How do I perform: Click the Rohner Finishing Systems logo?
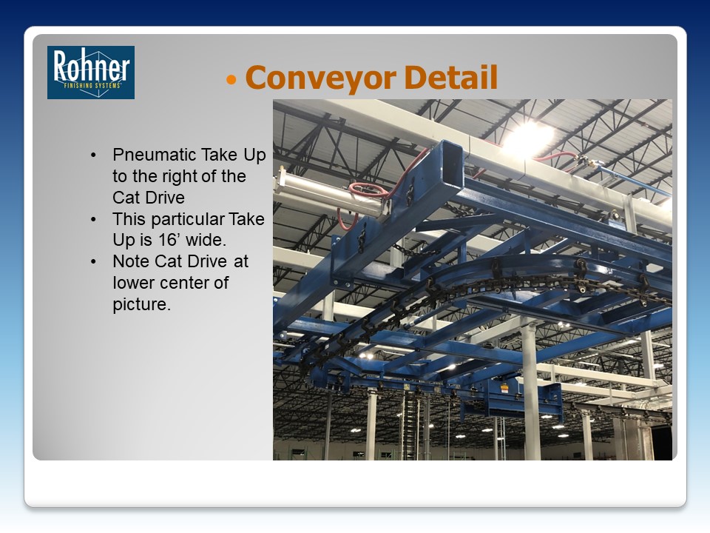point(91,73)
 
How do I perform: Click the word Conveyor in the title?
point(321,78)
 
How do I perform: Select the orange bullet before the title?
point(231,80)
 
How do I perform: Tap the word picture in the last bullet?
point(142,304)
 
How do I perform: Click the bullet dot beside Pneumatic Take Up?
point(93,155)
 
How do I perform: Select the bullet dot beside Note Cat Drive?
point(93,261)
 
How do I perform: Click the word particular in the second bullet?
point(187,219)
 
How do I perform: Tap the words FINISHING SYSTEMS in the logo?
point(92,85)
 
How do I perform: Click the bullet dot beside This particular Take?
point(93,219)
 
